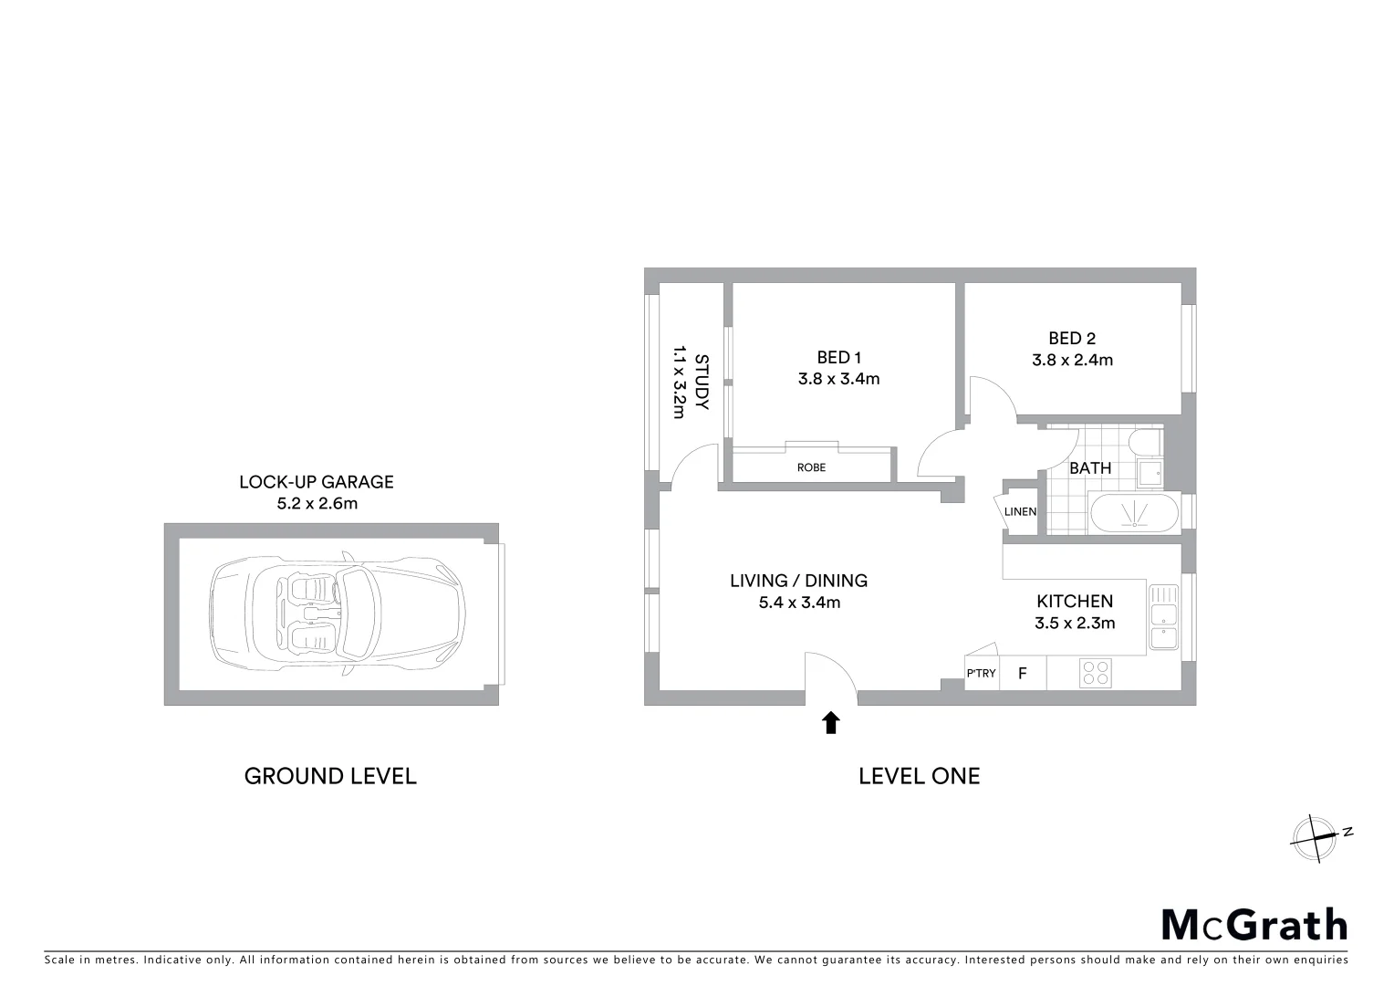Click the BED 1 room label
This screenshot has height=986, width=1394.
[838, 358]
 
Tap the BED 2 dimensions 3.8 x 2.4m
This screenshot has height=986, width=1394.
[1072, 360]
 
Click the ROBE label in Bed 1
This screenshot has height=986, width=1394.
[811, 467]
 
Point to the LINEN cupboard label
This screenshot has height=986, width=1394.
[1020, 512]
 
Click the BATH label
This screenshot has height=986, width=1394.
[1090, 468]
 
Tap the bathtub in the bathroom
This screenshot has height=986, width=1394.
[1134, 513]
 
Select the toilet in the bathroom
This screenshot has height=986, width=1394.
[1144, 443]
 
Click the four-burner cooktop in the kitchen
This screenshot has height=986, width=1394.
[1095, 674]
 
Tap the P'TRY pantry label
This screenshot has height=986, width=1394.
[981, 674]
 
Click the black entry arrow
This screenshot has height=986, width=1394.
[830, 723]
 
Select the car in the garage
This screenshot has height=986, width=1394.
[338, 613]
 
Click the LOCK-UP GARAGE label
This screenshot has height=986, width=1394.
[317, 482]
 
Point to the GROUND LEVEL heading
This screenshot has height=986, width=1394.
[330, 776]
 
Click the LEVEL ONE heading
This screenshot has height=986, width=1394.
[919, 776]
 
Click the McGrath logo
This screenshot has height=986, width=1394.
[1254, 925]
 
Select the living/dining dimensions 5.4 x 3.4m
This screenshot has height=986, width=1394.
[799, 603]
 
